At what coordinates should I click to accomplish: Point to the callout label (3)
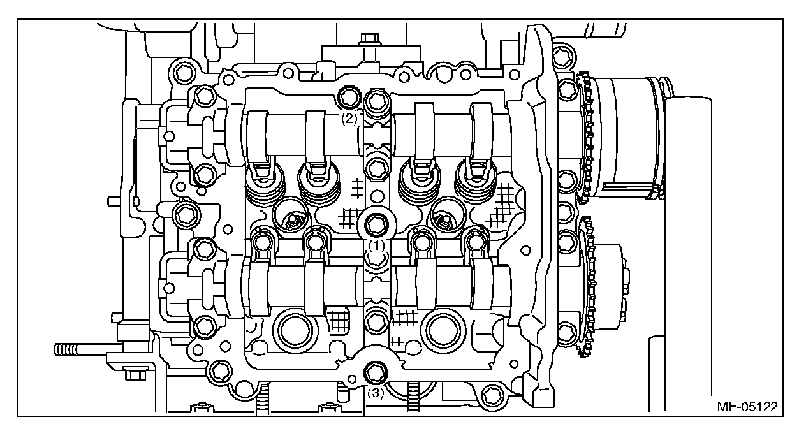point(376,393)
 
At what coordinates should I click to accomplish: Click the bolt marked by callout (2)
point(348,97)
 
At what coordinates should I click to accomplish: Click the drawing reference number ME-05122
point(751,405)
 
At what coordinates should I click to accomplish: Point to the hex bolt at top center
point(369,40)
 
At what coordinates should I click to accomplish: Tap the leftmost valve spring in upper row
point(262,184)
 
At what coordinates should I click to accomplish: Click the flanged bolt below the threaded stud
point(134,372)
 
